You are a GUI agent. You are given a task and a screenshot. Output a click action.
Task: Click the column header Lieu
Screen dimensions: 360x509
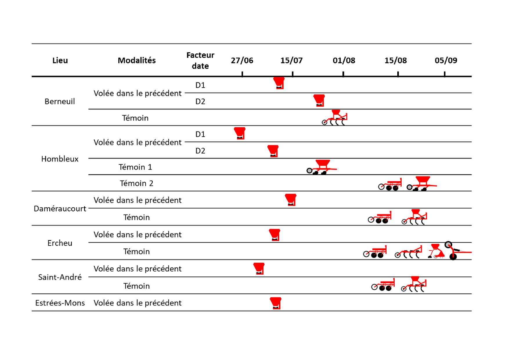(60, 60)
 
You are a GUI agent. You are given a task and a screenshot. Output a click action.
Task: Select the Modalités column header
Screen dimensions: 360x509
(137, 60)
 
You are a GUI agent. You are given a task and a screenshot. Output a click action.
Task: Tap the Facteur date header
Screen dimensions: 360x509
(200, 61)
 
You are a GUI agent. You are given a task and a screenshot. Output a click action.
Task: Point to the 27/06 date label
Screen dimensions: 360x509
(242, 60)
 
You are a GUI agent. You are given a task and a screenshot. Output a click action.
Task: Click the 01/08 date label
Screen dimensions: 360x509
(344, 60)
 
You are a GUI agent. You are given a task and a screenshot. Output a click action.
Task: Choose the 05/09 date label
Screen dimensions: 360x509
(446, 60)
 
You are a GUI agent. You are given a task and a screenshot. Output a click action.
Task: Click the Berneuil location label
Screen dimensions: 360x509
(60, 101)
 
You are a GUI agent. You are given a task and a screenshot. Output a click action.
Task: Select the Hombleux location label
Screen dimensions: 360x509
(60, 159)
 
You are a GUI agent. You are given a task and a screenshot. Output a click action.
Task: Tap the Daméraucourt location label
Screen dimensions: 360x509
(60, 208)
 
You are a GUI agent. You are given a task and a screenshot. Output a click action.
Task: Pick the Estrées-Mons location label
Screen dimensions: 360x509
(60, 303)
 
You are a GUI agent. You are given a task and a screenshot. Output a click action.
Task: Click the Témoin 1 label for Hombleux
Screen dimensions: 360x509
(135, 167)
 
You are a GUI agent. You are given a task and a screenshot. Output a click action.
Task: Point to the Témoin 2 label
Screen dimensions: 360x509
(136, 183)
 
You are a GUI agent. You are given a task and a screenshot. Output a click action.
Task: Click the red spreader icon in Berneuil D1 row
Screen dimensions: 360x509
(279, 83)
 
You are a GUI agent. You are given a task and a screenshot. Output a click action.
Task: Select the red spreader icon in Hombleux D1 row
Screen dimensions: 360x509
(240, 133)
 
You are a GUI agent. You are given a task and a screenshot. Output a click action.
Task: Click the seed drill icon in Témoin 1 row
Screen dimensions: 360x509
(322, 167)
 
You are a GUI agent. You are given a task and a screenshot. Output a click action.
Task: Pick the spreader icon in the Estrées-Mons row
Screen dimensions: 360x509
(275, 303)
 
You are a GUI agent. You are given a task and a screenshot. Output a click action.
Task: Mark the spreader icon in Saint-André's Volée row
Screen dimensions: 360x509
(259, 269)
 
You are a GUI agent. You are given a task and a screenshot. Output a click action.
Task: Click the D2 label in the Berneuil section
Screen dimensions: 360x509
(200, 101)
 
